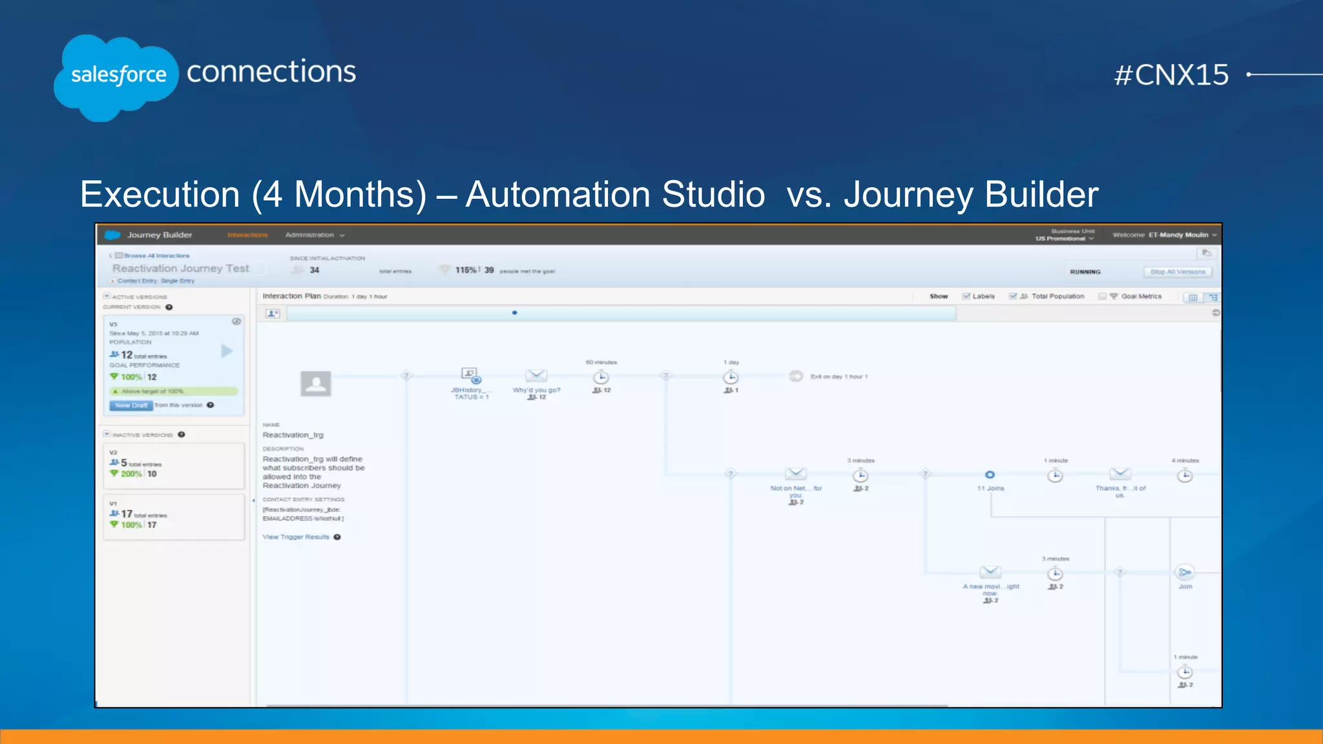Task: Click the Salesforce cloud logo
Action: coord(116,76)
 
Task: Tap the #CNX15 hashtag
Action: coord(1171,75)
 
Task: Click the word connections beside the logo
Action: coord(271,71)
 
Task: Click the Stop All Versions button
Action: coord(1177,272)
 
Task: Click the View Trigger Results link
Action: coord(296,537)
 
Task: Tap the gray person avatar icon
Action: coord(316,384)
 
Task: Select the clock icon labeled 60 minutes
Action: coord(601,377)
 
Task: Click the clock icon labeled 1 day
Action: coord(731,377)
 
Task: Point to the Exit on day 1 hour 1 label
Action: coord(839,377)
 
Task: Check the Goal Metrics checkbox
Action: coord(1102,296)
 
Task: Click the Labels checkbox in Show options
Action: coord(966,296)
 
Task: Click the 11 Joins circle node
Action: coord(990,475)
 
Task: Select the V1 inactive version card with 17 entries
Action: coord(174,517)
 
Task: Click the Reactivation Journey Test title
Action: coord(181,268)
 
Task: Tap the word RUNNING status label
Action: coord(1085,272)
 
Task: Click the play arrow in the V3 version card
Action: coord(227,351)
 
